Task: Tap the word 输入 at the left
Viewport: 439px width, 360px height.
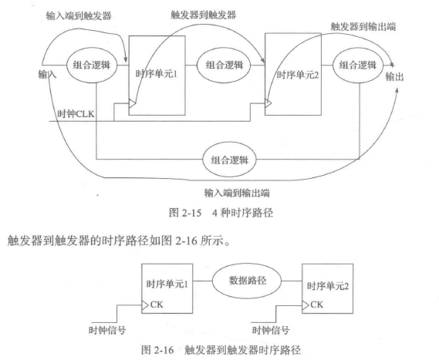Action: point(48,74)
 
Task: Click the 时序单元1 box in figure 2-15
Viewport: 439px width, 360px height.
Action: point(155,75)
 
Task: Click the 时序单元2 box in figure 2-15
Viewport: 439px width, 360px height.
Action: point(291,75)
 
